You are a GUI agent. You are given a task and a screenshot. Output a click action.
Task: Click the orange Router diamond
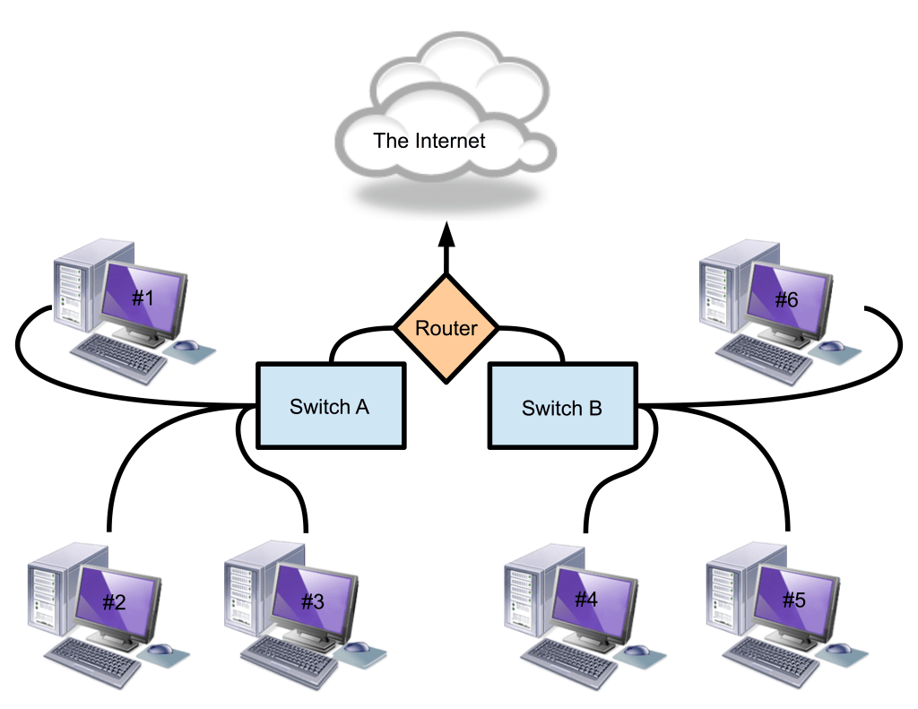click(x=446, y=328)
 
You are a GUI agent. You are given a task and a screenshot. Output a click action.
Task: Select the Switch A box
click(x=329, y=406)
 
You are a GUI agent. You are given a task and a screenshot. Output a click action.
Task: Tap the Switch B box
click(x=561, y=409)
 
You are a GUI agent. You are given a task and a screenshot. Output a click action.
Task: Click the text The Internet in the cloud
click(x=429, y=141)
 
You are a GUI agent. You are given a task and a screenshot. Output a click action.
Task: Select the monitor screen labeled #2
click(x=116, y=600)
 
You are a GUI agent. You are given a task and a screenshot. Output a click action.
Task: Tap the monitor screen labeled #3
click(x=311, y=600)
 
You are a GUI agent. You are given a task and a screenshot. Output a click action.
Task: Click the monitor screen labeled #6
click(x=785, y=299)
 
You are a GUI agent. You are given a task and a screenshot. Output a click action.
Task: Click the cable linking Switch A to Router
click(x=354, y=336)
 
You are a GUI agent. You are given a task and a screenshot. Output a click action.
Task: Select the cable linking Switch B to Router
click(x=538, y=336)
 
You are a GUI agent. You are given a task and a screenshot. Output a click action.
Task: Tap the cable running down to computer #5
click(x=771, y=475)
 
